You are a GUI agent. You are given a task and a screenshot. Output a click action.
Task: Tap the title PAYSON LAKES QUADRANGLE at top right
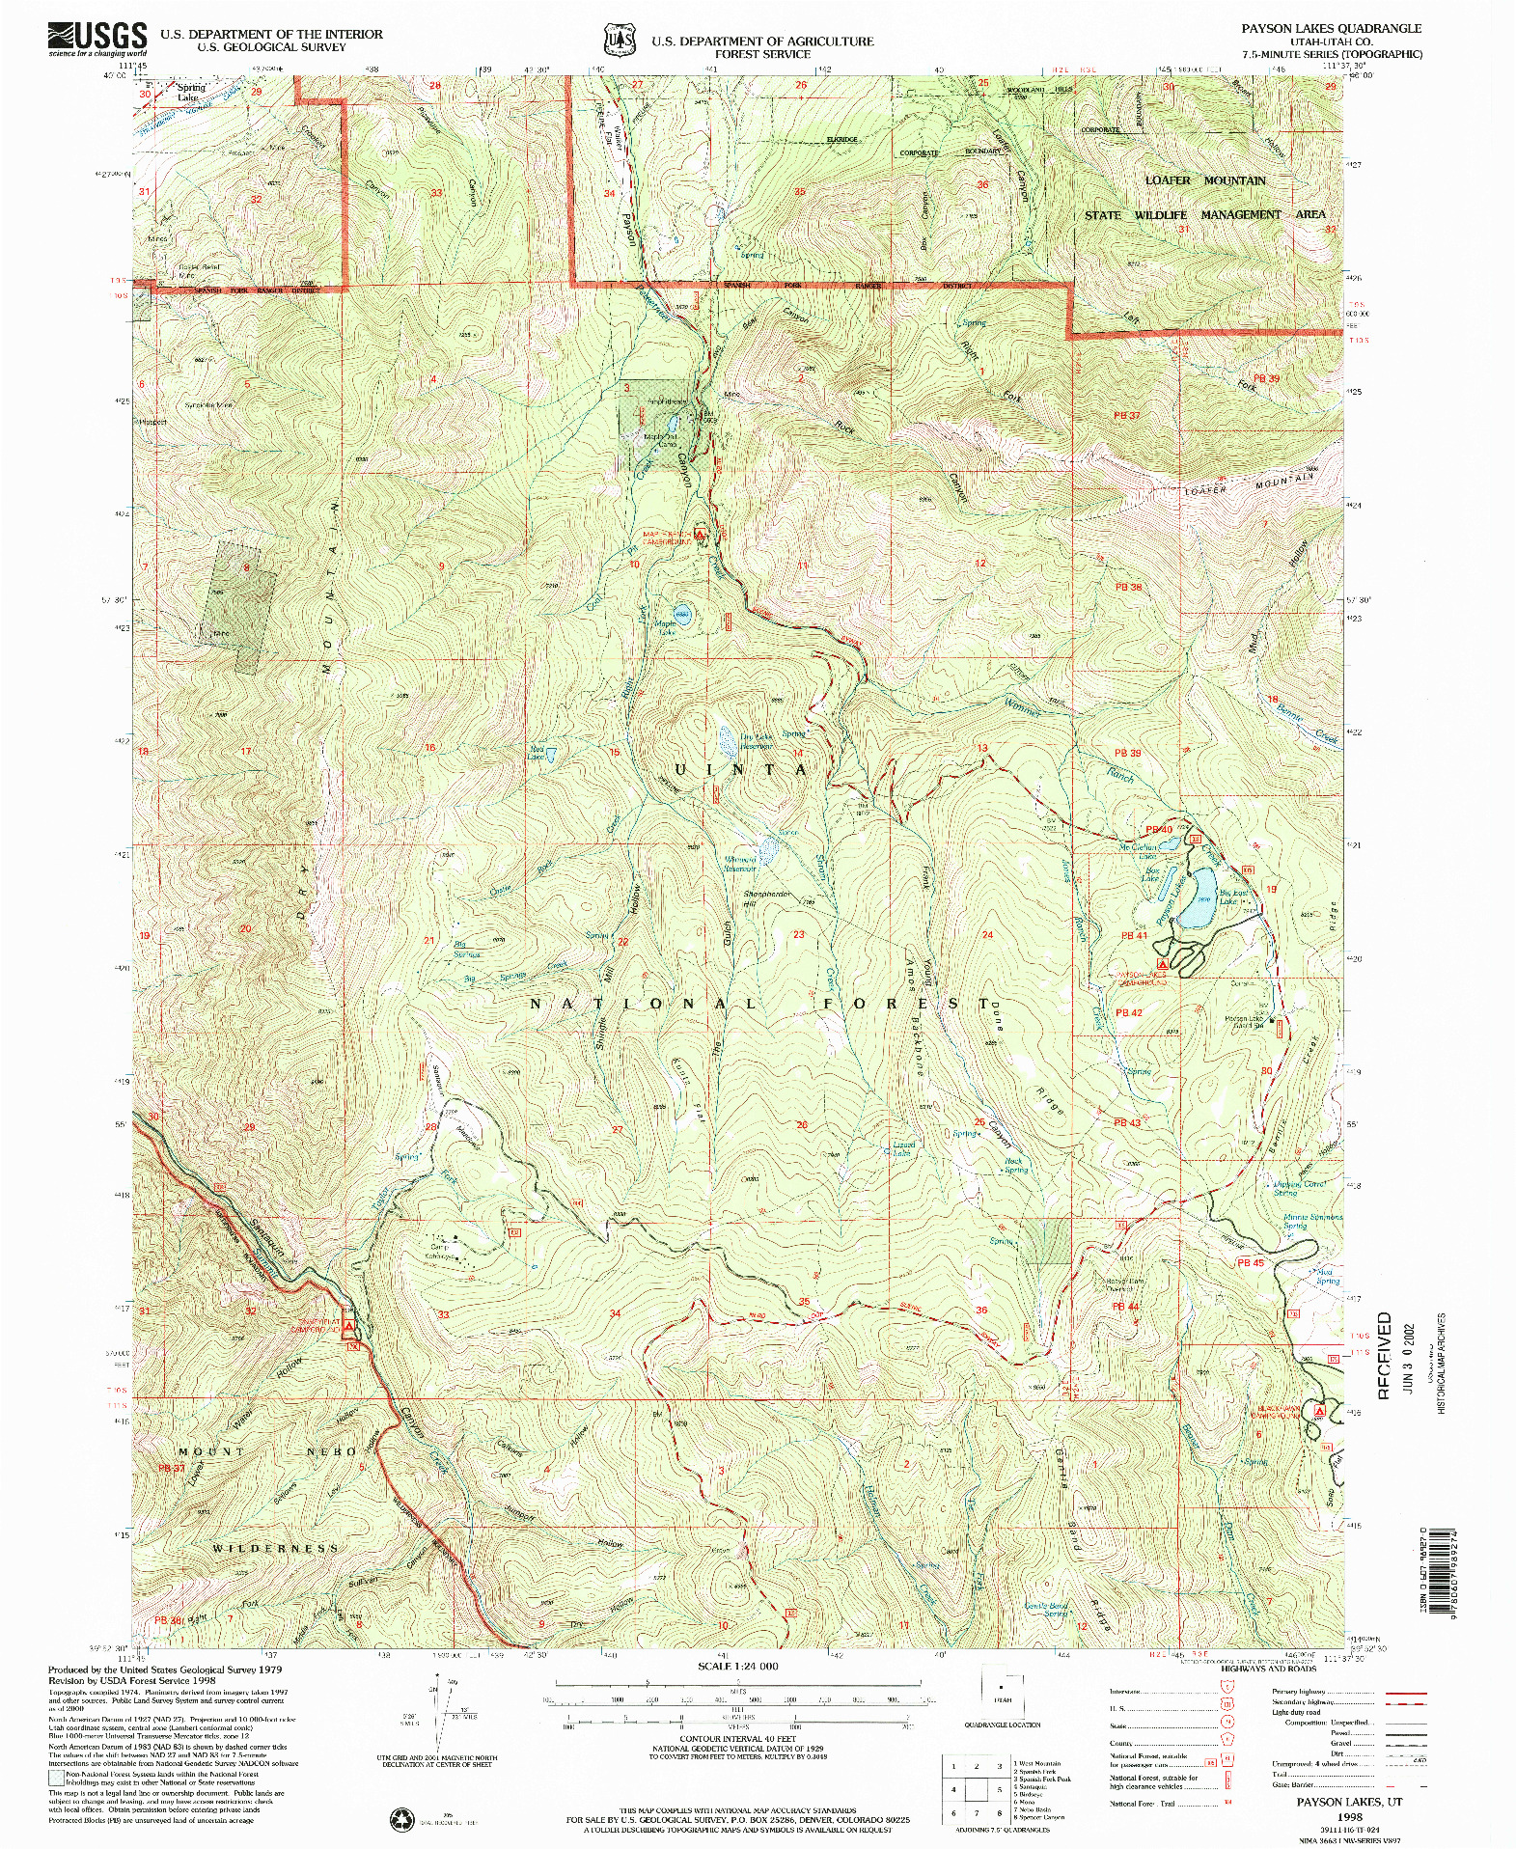click(1331, 29)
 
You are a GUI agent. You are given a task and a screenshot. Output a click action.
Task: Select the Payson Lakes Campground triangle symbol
click(1163, 963)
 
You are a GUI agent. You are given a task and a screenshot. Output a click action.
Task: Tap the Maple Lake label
click(666, 627)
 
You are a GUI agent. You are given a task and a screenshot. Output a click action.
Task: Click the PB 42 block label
click(1128, 1012)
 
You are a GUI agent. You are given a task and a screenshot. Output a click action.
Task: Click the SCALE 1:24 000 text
click(738, 1666)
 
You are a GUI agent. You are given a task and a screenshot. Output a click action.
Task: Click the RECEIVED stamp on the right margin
click(1385, 1355)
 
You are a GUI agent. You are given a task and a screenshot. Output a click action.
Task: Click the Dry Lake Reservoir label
click(756, 741)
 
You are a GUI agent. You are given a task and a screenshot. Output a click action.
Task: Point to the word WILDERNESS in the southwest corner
click(275, 1548)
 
